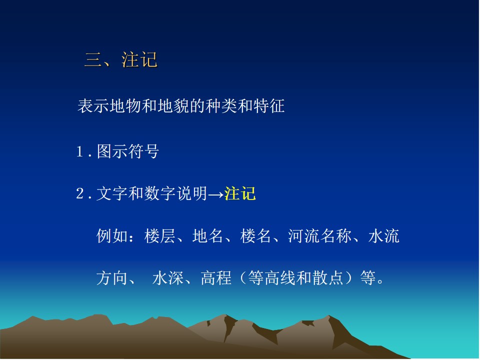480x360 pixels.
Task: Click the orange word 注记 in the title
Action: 139,59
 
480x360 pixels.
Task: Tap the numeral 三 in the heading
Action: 93,59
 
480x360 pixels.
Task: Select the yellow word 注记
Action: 240,193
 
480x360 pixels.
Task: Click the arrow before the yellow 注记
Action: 216,194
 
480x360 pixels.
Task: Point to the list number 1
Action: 80,151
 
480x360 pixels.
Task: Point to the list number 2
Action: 80,193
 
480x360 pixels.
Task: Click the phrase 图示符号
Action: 128,151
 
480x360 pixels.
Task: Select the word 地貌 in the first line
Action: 173,106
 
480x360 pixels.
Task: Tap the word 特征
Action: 269,106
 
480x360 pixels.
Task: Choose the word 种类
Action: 221,106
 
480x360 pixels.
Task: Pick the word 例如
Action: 112,236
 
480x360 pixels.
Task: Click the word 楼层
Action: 160,236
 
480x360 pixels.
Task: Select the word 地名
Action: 208,236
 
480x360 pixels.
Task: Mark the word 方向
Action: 112,278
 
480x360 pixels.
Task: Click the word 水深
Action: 168,278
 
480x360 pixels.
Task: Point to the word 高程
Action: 216,278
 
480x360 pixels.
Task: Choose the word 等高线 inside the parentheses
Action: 272,278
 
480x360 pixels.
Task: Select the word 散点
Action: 327,278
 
